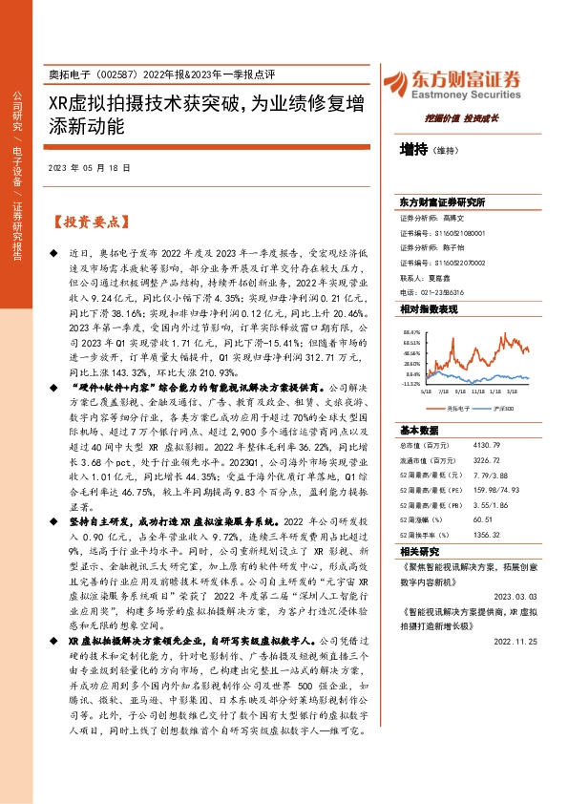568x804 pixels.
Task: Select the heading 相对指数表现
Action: coord(429,309)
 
